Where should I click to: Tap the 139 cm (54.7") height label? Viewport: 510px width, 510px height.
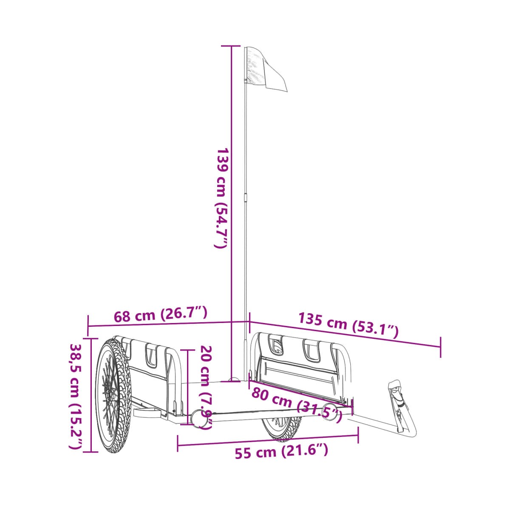coord(221,198)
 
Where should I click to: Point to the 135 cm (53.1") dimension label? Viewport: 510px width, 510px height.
coord(348,325)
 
